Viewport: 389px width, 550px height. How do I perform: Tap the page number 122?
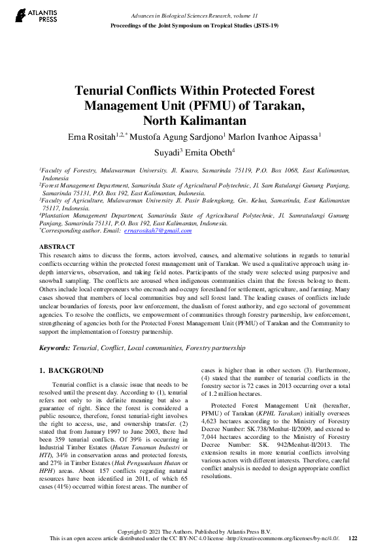pos(353,538)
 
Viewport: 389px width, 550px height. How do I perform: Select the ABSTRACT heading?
pos(56,246)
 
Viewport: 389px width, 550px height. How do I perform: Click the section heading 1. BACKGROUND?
pos(72,370)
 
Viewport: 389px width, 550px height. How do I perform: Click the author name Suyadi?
pos(164,152)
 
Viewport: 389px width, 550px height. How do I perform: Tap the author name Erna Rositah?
pos(89,137)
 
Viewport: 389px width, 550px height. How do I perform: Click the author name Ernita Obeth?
pos(211,152)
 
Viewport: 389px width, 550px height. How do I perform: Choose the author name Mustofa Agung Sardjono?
pos(181,137)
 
